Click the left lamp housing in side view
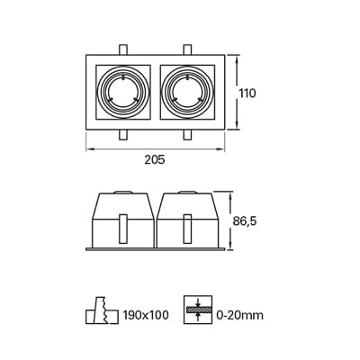pos(121,220)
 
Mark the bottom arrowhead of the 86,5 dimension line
pos(232,246)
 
